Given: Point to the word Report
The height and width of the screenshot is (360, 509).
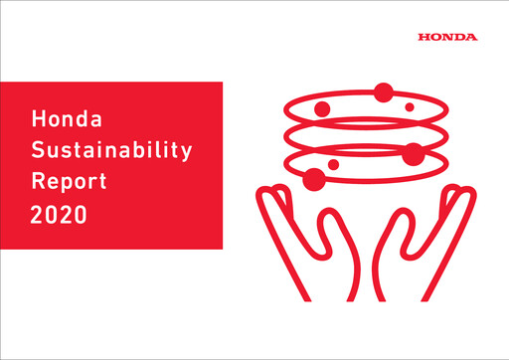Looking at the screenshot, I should click(x=66, y=183).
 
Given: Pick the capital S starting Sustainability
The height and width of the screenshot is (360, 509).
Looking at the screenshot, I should click(x=39, y=152).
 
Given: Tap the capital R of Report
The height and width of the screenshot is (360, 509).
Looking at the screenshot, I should click(x=39, y=183).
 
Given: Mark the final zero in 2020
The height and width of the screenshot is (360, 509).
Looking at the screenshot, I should click(x=82, y=213).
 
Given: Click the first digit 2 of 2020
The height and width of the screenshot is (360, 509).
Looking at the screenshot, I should click(x=38, y=213).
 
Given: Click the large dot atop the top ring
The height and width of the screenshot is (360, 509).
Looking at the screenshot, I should click(x=383, y=93).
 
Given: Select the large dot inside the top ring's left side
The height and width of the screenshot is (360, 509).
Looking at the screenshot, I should click(x=321, y=108).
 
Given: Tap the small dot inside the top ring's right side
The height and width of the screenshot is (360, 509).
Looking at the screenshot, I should click(x=409, y=106).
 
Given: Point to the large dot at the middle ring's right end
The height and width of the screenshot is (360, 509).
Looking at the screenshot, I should click(x=414, y=153).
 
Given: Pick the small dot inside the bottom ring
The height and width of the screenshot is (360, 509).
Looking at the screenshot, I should click(x=333, y=164).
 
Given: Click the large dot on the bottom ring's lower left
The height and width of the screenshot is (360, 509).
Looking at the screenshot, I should click(x=314, y=179).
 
